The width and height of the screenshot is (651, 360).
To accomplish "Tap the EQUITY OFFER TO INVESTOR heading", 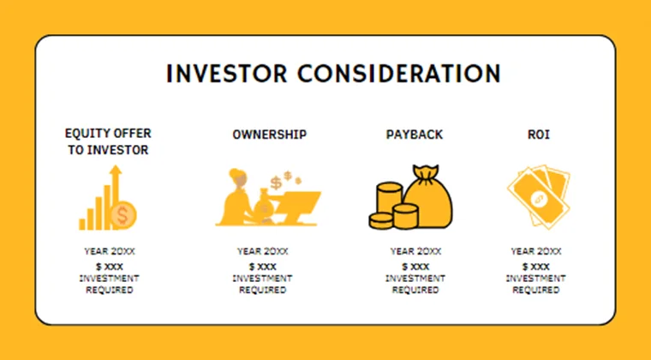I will pos(107,141).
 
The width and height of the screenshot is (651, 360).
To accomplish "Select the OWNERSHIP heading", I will pos(269,135).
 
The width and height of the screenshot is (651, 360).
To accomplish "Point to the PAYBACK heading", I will pos(415,135).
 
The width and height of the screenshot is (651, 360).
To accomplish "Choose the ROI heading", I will pos(537,135).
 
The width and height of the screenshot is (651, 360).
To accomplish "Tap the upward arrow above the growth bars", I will pos(115,177).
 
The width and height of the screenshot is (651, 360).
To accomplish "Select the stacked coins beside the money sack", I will pos(388,207).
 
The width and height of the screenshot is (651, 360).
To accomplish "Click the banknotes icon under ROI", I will pos(537,198).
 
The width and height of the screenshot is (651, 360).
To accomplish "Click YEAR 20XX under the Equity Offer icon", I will pos(109,252).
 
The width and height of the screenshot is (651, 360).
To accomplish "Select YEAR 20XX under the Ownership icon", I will pos(262,252).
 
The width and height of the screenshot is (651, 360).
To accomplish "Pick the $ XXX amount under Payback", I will pos(415,267).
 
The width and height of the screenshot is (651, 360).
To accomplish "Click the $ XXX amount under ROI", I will pos(535,267).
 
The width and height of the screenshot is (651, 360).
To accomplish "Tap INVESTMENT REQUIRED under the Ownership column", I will pos(262,284).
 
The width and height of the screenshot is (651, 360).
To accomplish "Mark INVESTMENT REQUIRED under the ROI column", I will pos(535,284).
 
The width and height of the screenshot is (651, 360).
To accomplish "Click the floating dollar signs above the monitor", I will pos(281,181).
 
